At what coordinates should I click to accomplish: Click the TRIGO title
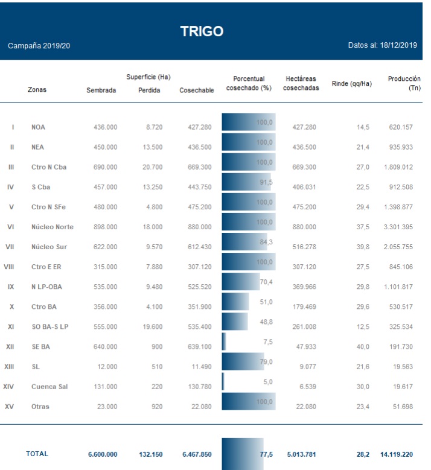tap(202, 31)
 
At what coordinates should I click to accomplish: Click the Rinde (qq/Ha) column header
tap(352, 83)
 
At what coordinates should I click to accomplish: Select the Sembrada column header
tap(101, 91)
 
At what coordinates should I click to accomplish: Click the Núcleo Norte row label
tap(52, 227)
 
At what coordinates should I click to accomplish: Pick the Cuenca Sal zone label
tap(49, 387)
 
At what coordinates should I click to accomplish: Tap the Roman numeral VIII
tap(9, 267)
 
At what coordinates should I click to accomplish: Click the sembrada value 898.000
tap(105, 227)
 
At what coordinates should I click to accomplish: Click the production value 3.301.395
tap(398, 227)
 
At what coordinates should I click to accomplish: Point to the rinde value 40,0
tap(363, 347)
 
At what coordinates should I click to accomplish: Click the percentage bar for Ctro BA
tap(235, 302)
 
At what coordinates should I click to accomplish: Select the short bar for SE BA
tap(224, 342)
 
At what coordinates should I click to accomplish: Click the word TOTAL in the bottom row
tap(37, 454)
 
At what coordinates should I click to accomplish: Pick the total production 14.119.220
tap(397, 454)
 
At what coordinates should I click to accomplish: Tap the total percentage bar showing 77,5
tap(243, 454)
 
